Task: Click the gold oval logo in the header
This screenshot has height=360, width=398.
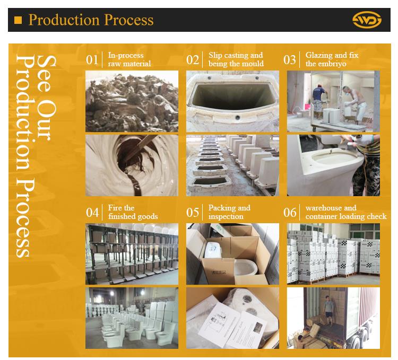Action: tap(367, 20)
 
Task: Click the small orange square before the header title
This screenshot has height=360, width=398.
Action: tap(18, 20)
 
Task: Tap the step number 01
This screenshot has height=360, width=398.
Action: tap(92, 60)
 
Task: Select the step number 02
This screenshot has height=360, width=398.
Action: tap(193, 60)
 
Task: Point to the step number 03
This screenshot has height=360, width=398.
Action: tap(290, 60)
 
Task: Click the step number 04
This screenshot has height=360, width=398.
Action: tap(92, 213)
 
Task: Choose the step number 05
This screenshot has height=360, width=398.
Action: tap(193, 213)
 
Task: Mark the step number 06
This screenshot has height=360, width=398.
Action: tap(290, 213)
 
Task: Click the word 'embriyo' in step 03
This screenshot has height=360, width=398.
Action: tap(333, 64)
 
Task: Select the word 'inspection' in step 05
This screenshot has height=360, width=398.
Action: tap(226, 217)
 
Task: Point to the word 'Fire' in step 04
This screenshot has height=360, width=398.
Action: tap(114, 208)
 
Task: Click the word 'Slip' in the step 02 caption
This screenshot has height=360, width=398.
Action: tap(215, 55)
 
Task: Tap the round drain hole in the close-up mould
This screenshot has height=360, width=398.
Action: tap(238, 117)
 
